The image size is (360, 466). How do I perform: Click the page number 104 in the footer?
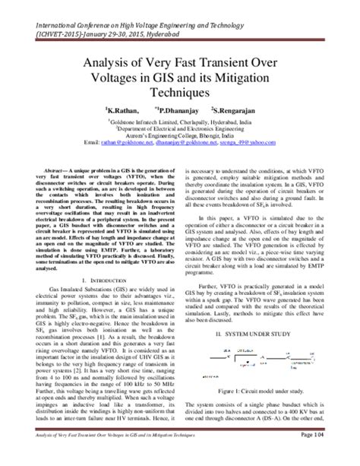pyautogui.click(x=339, y=455)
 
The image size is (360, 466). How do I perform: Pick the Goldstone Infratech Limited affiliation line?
pyautogui.click(x=180, y=119)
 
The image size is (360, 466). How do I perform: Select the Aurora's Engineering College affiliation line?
pyautogui.click(x=180, y=135)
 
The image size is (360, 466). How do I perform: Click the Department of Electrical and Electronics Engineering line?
pyautogui.click(x=180, y=127)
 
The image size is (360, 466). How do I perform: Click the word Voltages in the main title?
pyautogui.click(x=120, y=80)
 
